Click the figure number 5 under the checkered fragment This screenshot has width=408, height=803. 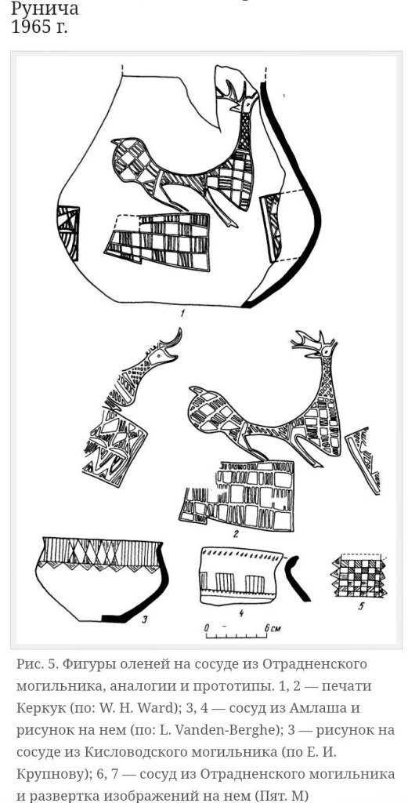[x=361, y=608]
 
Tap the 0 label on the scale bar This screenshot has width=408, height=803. [x=207, y=627]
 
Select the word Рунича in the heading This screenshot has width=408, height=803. [x=45, y=8]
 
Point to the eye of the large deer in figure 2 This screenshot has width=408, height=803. [x=326, y=351]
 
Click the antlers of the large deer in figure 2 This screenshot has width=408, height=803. [x=312, y=339]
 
